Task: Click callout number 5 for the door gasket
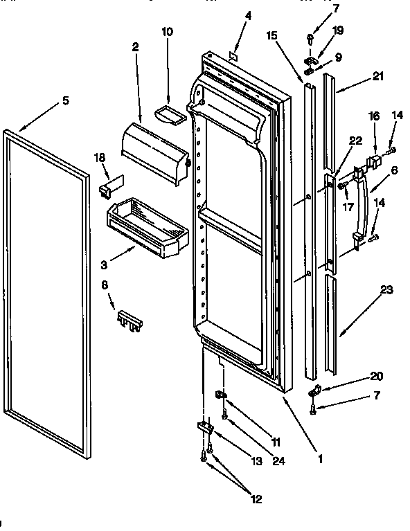click(66, 101)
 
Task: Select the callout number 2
click(135, 47)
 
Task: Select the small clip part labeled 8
click(130, 318)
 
